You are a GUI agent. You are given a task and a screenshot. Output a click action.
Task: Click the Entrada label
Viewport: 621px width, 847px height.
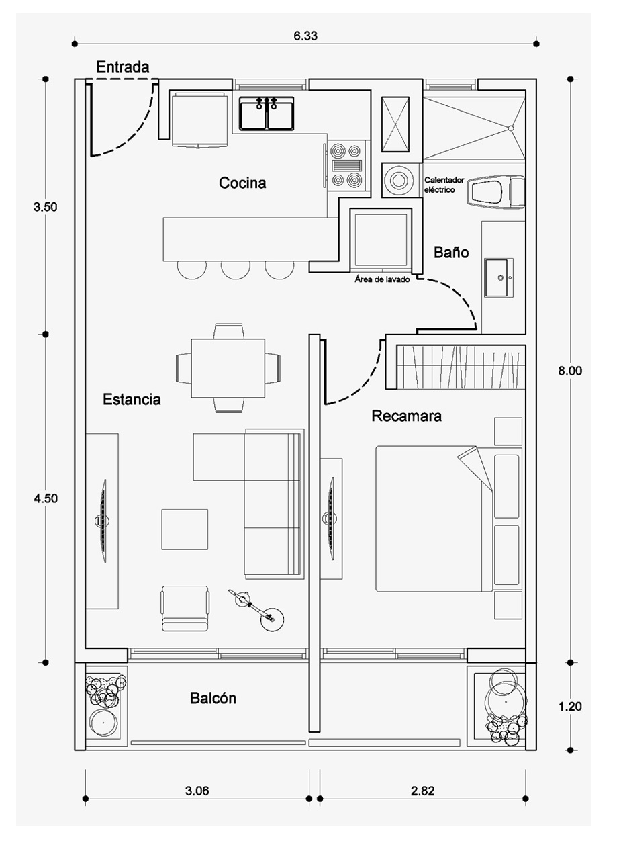[x=122, y=67]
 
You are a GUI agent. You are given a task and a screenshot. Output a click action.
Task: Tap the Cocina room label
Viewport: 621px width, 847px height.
[x=242, y=183]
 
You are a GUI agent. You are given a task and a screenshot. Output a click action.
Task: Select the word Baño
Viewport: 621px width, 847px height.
[x=451, y=252]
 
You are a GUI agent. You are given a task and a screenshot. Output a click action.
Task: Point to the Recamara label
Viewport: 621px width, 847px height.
[x=406, y=416]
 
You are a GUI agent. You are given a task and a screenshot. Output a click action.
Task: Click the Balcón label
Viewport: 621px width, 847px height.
[x=213, y=698]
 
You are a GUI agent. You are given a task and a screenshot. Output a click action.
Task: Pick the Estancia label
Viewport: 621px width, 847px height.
[x=132, y=399]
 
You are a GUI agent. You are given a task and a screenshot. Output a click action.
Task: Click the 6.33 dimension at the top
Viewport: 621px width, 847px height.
[x=305, y=36]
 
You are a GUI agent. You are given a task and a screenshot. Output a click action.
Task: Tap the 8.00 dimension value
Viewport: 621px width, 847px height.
[x=570, y=371]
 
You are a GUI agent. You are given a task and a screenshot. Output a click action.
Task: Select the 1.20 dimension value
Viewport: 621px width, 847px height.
[x=570, y=706]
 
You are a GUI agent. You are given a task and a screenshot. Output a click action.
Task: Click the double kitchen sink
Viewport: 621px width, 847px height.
[x=267, y=114]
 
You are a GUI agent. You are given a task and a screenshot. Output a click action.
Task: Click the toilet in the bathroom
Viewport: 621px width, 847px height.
[x=496, y=191]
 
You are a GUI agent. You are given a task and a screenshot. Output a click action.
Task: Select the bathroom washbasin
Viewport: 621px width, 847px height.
[x=499, y=278]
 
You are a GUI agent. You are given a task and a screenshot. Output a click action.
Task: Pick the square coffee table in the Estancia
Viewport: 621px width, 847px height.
[x=185, y=529]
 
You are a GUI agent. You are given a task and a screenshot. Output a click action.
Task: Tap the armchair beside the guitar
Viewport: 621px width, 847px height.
[x=185, y=609]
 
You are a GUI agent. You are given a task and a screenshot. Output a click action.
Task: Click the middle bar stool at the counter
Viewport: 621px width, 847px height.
[x=235, y=270]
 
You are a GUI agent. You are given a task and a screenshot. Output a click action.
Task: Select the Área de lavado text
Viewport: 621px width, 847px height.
[x=382, y=280]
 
